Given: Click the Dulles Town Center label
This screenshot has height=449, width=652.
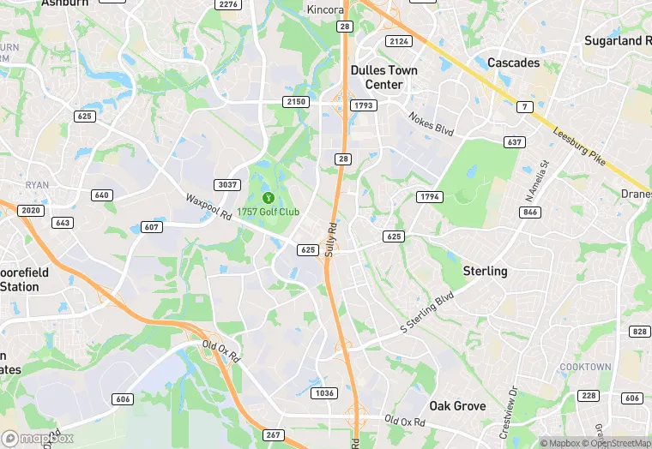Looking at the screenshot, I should click(383, 77).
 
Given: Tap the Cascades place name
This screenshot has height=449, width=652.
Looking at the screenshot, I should click(513, 63).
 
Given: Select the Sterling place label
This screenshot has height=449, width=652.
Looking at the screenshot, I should click(485, 271).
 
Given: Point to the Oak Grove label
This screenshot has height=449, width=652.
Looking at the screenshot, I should click(457, 405).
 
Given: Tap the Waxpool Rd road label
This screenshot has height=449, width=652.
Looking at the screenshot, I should click(209, 209).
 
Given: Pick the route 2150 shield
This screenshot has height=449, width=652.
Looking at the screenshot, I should click(295, 102).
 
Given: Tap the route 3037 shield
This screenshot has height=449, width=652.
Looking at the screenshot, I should click(227, 185).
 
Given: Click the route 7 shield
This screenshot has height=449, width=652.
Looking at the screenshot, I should click(525, 107).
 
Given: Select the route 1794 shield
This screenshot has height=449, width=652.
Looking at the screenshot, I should click(429, 197).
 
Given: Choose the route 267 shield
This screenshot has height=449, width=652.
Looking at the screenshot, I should click(272, 435).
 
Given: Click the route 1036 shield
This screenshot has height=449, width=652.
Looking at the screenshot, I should click(325, 393).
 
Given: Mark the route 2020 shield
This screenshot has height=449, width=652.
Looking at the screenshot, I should click(30, 211).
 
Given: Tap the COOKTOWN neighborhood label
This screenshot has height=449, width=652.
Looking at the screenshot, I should click(586, 367).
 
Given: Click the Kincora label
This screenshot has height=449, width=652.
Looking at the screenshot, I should click(325, 9).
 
